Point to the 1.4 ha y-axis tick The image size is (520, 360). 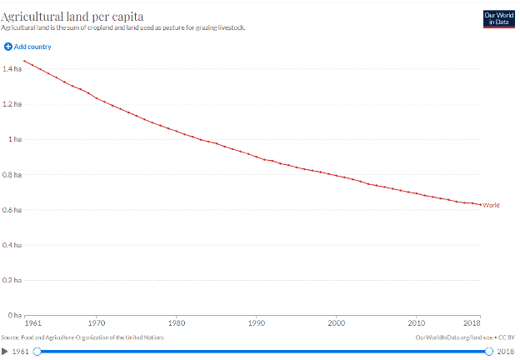[12, 68]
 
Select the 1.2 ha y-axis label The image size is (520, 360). [12, 104]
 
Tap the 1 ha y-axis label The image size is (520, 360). [15, 139]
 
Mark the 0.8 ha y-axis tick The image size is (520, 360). [12, 174]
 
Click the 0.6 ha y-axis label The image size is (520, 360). [12, 210]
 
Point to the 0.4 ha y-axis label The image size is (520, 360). [12, 245]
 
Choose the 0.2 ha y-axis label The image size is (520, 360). [12, 280]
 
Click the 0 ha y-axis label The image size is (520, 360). [15, 315]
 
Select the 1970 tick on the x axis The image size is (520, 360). [97, 322]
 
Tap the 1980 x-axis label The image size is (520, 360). [177, 322]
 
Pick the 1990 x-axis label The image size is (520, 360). [257, 322]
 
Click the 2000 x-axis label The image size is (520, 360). [337, 322]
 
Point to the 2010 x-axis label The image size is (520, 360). [417, 322]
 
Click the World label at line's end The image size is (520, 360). [491, 205]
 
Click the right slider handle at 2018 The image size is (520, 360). [488, 352]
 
